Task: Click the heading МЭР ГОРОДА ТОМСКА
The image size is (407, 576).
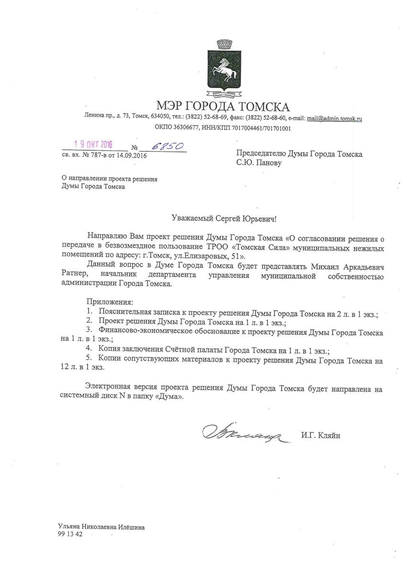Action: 223,106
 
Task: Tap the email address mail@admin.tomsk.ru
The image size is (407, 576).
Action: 334,118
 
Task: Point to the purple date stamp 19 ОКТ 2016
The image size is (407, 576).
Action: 93,145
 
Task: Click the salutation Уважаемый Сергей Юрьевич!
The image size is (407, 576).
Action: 224,218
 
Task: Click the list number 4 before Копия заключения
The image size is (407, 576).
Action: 89,347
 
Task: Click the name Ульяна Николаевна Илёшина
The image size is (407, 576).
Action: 101,527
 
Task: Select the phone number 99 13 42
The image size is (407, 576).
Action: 69,535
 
